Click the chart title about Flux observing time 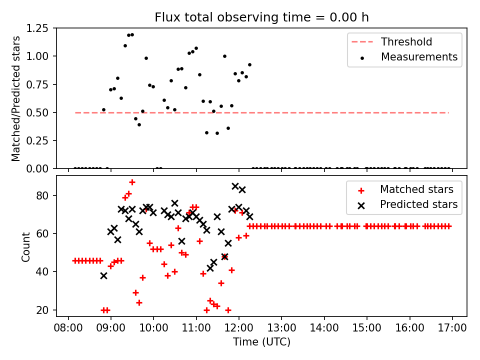pyautogui.click(x=261, y=17)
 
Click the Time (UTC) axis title pyautogui.click(x=261, y=342)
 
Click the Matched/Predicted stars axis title pyautogui.click(x=16, y=98)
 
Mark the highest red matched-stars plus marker pyautogui.click(x=132, y=182)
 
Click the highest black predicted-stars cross pyautogui.click(x=235, y=186)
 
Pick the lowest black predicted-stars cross pyautogui.click(x=103, y=275)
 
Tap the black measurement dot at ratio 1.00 pyautogui.click(x=224, y=56)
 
